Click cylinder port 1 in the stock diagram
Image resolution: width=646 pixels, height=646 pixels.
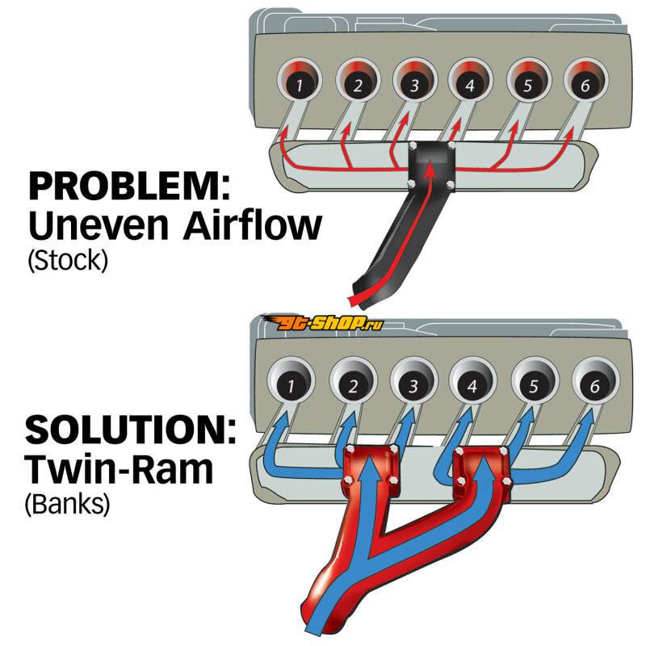299,80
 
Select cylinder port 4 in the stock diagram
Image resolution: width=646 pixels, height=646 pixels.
470,80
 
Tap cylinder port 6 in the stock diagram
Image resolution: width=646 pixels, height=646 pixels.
585,80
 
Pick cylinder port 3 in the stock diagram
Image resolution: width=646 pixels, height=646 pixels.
414,80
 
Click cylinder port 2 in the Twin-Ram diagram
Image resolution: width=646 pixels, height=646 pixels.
353,380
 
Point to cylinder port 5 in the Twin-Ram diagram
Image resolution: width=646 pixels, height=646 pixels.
535,380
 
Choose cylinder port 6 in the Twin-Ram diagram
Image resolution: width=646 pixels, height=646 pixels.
595,380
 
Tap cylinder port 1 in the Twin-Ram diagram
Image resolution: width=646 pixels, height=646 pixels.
292,380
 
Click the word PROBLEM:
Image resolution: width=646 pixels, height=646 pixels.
129,187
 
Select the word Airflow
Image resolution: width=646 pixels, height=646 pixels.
252,225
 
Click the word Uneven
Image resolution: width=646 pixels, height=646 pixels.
99,226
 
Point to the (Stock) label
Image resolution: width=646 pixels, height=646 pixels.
68,260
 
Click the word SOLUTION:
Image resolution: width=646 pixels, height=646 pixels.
131,430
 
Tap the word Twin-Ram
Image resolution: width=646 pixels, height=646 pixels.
119,469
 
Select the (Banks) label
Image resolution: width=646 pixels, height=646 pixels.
68,503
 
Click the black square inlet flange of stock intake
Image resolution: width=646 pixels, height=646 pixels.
432,166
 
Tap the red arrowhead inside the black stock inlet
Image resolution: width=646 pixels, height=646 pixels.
430,170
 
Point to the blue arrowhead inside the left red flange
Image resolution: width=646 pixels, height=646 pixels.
371,465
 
